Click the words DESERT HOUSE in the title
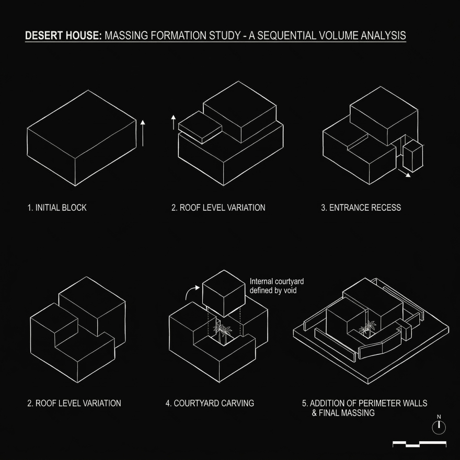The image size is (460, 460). coord(63,36)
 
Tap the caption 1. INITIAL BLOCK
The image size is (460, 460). coord(57,208)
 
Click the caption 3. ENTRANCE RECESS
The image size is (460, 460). coord(361,208)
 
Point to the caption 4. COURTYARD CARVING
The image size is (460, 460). coord(210,404)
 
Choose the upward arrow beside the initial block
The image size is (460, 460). coord(143,133)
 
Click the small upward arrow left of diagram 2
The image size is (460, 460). coord(174,122)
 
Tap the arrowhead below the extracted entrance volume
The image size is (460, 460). coord(408,175)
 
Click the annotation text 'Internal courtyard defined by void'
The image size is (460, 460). coord(277,286)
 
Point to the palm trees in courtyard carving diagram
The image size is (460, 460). coord(223,333)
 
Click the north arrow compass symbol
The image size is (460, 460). coord(439,427)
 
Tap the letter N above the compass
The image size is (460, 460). coord(439,417)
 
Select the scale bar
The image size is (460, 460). coord(420,444)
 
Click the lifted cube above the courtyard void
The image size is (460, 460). coord(224,293)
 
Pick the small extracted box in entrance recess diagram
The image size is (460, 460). coord(413,156)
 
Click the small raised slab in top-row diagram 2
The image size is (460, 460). coord(200,127)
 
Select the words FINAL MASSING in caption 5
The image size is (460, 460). coord(347,413)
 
